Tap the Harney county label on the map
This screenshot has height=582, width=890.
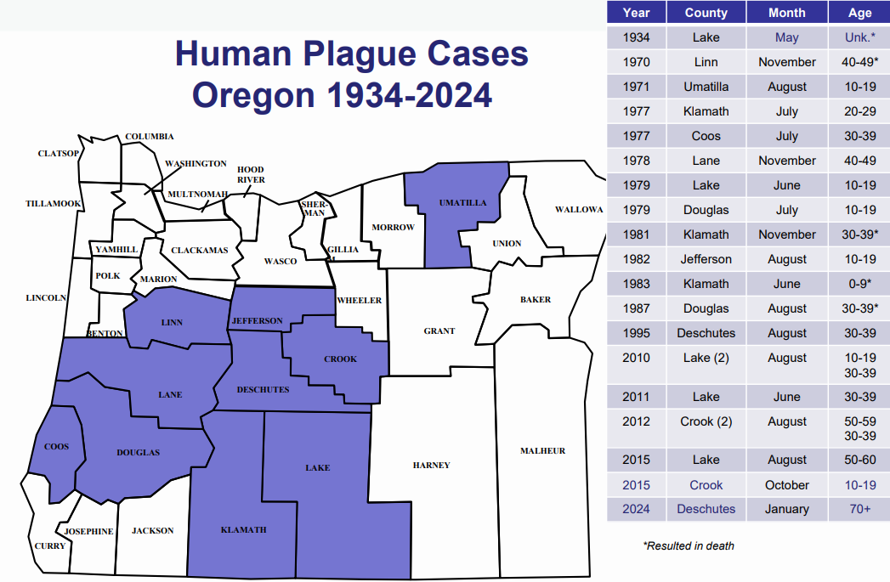click(431, 465)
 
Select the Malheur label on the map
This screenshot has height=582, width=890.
click(542, 450)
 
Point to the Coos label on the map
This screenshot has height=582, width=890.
click(56, 446)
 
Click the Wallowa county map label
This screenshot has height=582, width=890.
click(578, 209)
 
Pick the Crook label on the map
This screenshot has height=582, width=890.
click(340, 359)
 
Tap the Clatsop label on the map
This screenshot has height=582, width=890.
click(58, 154)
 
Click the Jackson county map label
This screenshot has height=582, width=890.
click(152, 530)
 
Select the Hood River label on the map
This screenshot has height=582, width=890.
click(251, 174)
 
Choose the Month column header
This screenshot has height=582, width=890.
click(786, 13)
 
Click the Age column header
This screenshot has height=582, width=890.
click(859, 13)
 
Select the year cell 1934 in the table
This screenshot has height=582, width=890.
click(637, 37)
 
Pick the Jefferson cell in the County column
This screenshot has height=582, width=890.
click(706, 259)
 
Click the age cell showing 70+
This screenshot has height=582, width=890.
click(859, 509)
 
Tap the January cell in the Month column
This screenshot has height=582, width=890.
click(786, 509)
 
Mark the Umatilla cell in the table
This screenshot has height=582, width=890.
click(706, 87)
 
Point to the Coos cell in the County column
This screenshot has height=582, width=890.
click(706, 136)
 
